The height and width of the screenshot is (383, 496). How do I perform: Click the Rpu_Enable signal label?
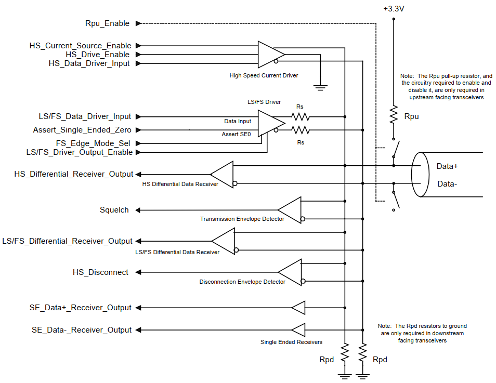tap(107, 23)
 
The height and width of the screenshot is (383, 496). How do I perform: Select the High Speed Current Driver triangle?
tap(271, 55)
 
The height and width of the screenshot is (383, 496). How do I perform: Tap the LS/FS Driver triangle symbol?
tap(271, 123)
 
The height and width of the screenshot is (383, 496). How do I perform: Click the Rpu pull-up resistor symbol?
tap(394, 115)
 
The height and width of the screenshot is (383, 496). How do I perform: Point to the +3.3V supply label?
tap(394, 9)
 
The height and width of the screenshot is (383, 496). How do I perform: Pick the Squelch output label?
tap(114, 210)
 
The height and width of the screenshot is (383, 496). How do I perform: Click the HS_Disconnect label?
tap(100, 272)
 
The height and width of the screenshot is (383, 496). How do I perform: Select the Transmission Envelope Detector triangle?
tap(290, 210)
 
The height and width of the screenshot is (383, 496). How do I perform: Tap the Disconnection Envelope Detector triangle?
tap(290, 272)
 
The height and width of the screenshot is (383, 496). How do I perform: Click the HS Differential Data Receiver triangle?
tap(222, 174)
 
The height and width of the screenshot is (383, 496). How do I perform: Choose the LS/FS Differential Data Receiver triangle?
tap(223, 241)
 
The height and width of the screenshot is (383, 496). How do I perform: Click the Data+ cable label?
tap(447, 166)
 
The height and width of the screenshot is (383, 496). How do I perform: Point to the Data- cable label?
tap(447, 184)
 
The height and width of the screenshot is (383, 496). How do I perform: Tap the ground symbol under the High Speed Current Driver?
tap(320, 87)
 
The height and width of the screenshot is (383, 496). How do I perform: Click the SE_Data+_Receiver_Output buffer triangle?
tap(298, 308)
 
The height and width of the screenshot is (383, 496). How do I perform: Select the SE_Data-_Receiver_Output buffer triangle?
tap(298, 330)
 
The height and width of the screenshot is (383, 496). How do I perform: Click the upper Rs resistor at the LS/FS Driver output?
tap(300, 117)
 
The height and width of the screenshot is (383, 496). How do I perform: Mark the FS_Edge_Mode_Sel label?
tap(93, 143)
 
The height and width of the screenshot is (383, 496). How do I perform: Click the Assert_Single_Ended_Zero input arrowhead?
tap(138, 130)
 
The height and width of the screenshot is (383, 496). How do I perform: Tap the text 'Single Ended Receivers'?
tap(291, 342)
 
